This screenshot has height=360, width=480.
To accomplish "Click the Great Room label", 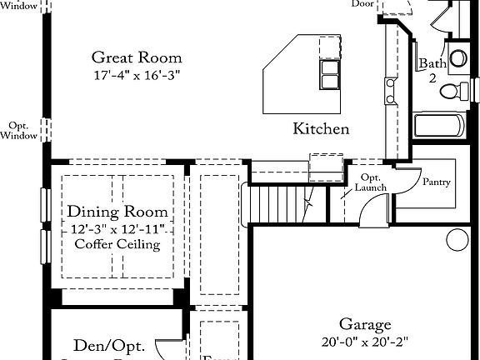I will tap(137, 57).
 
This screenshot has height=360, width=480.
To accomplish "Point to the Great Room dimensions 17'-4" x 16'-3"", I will tap(137, 75).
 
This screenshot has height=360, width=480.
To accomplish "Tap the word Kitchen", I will tap(321, 129).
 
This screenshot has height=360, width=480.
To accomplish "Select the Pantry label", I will tap(437, 182).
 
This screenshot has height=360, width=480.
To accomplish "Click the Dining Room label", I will tap(117, 212).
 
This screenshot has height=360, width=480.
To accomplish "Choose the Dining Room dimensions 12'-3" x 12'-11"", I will tap(117, 228).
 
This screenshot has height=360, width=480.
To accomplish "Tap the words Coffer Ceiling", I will tap(117, 244).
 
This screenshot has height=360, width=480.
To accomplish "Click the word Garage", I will tap(365, 324).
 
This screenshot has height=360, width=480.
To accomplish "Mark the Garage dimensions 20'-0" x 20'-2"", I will tap(365, 342).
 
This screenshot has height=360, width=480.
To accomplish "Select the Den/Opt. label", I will tap(109, 345).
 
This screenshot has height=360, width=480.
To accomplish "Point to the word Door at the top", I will tap(362, 4).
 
